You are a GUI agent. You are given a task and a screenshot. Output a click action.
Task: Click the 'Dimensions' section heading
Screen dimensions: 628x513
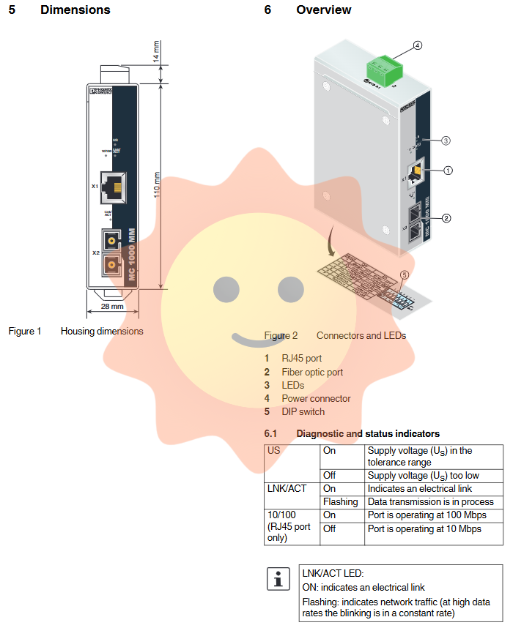pos(75,10)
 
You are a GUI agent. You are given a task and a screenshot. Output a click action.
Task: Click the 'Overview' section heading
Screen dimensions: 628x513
pos(323,10)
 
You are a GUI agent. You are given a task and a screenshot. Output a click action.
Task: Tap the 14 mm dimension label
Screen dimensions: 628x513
pos(156,53)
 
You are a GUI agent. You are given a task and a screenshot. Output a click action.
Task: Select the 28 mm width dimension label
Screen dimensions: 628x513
pos(112,306)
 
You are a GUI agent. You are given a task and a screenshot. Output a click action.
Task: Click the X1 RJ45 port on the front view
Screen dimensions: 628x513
pos(112,187)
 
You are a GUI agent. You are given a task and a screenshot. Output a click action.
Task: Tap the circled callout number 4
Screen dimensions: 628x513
pos(417,45)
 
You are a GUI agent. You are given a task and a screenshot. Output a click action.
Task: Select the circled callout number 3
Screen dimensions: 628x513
pos(445,140)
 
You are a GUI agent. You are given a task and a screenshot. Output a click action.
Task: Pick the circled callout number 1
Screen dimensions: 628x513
pos(448,171)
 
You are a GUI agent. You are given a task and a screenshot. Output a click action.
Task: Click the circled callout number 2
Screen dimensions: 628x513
pos(446,217)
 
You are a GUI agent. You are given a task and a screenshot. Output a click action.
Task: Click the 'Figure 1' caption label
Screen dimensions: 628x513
pos(25,332)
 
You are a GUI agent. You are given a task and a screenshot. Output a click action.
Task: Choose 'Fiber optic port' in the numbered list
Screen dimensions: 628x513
pos(312,372)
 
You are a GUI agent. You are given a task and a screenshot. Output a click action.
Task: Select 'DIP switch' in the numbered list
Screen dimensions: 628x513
pos(303,411)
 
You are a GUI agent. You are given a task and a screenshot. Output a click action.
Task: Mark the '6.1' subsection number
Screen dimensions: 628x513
pos(271,434)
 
